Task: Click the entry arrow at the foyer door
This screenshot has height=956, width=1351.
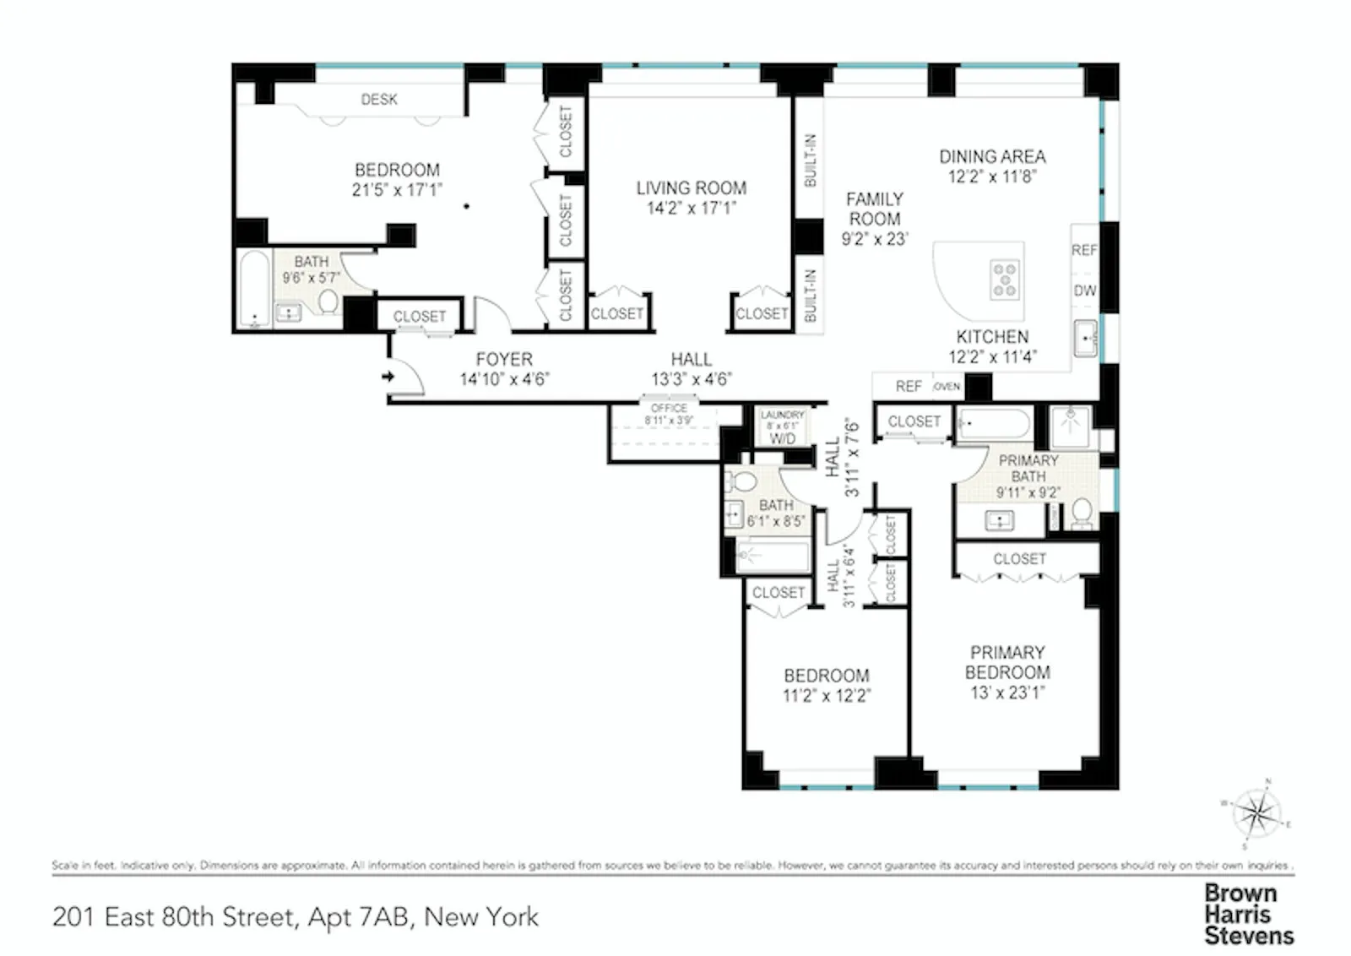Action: [388, 377]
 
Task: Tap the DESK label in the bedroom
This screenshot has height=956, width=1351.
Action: [379, 100]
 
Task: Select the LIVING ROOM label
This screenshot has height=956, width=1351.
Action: [691, 188]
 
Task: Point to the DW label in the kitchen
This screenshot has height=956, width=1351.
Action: [1085, 291]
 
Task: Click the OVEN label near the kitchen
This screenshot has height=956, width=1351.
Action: [947, 387]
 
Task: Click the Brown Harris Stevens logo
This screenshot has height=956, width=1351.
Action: [1248, 914]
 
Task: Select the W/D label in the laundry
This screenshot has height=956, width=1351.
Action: [782, 438]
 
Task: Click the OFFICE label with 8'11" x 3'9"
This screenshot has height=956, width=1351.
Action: [669, 408]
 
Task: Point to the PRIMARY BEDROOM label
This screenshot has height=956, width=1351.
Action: [1007, 662]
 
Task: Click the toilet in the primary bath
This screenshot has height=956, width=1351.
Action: [1082, 513]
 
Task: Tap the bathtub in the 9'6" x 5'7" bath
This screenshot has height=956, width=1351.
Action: [252, 290]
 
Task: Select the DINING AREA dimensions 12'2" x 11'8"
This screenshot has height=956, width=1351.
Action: [992, 177]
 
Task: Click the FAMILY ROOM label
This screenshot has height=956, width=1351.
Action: [875, 209]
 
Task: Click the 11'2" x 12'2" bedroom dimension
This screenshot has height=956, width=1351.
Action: [826, 696]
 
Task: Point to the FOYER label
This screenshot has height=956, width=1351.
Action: [504, 359]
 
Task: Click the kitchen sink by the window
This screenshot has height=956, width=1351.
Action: [1086, 339]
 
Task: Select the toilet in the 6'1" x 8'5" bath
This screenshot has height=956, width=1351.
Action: [743, 482]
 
